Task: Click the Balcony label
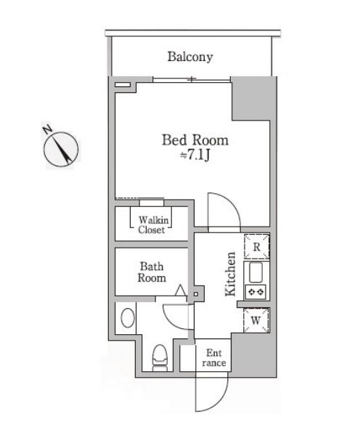tap(190, 56)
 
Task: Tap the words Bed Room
tap(194, 140)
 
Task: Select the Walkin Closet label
tap(152, 224)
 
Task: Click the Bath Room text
tap(152, 272)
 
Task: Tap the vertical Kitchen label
tap(230, 275)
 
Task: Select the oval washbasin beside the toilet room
tap(127, 317)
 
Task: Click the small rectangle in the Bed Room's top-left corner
tap(124, 85)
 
